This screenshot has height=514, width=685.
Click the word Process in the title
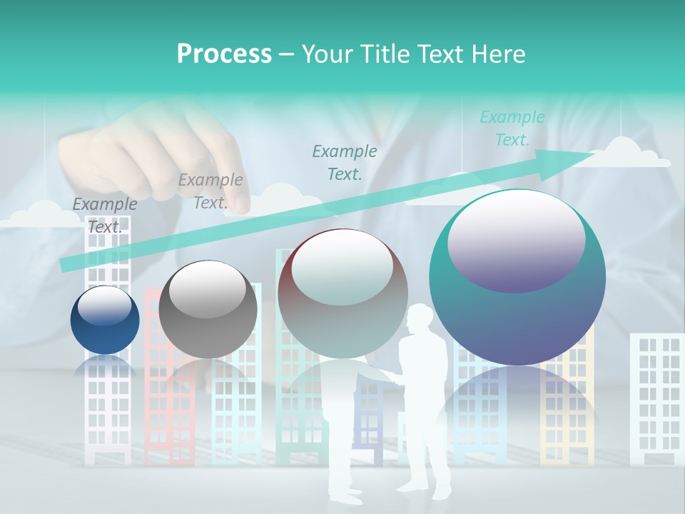point(224,54)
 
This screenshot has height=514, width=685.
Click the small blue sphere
point(105,320)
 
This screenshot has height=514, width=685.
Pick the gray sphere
point(208,309)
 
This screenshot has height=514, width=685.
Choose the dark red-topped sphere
point(342,293)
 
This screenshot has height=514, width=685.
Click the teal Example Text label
point(512,128)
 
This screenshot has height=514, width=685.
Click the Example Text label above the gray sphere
point(210,191)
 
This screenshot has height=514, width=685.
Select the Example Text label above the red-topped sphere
point(345,162)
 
